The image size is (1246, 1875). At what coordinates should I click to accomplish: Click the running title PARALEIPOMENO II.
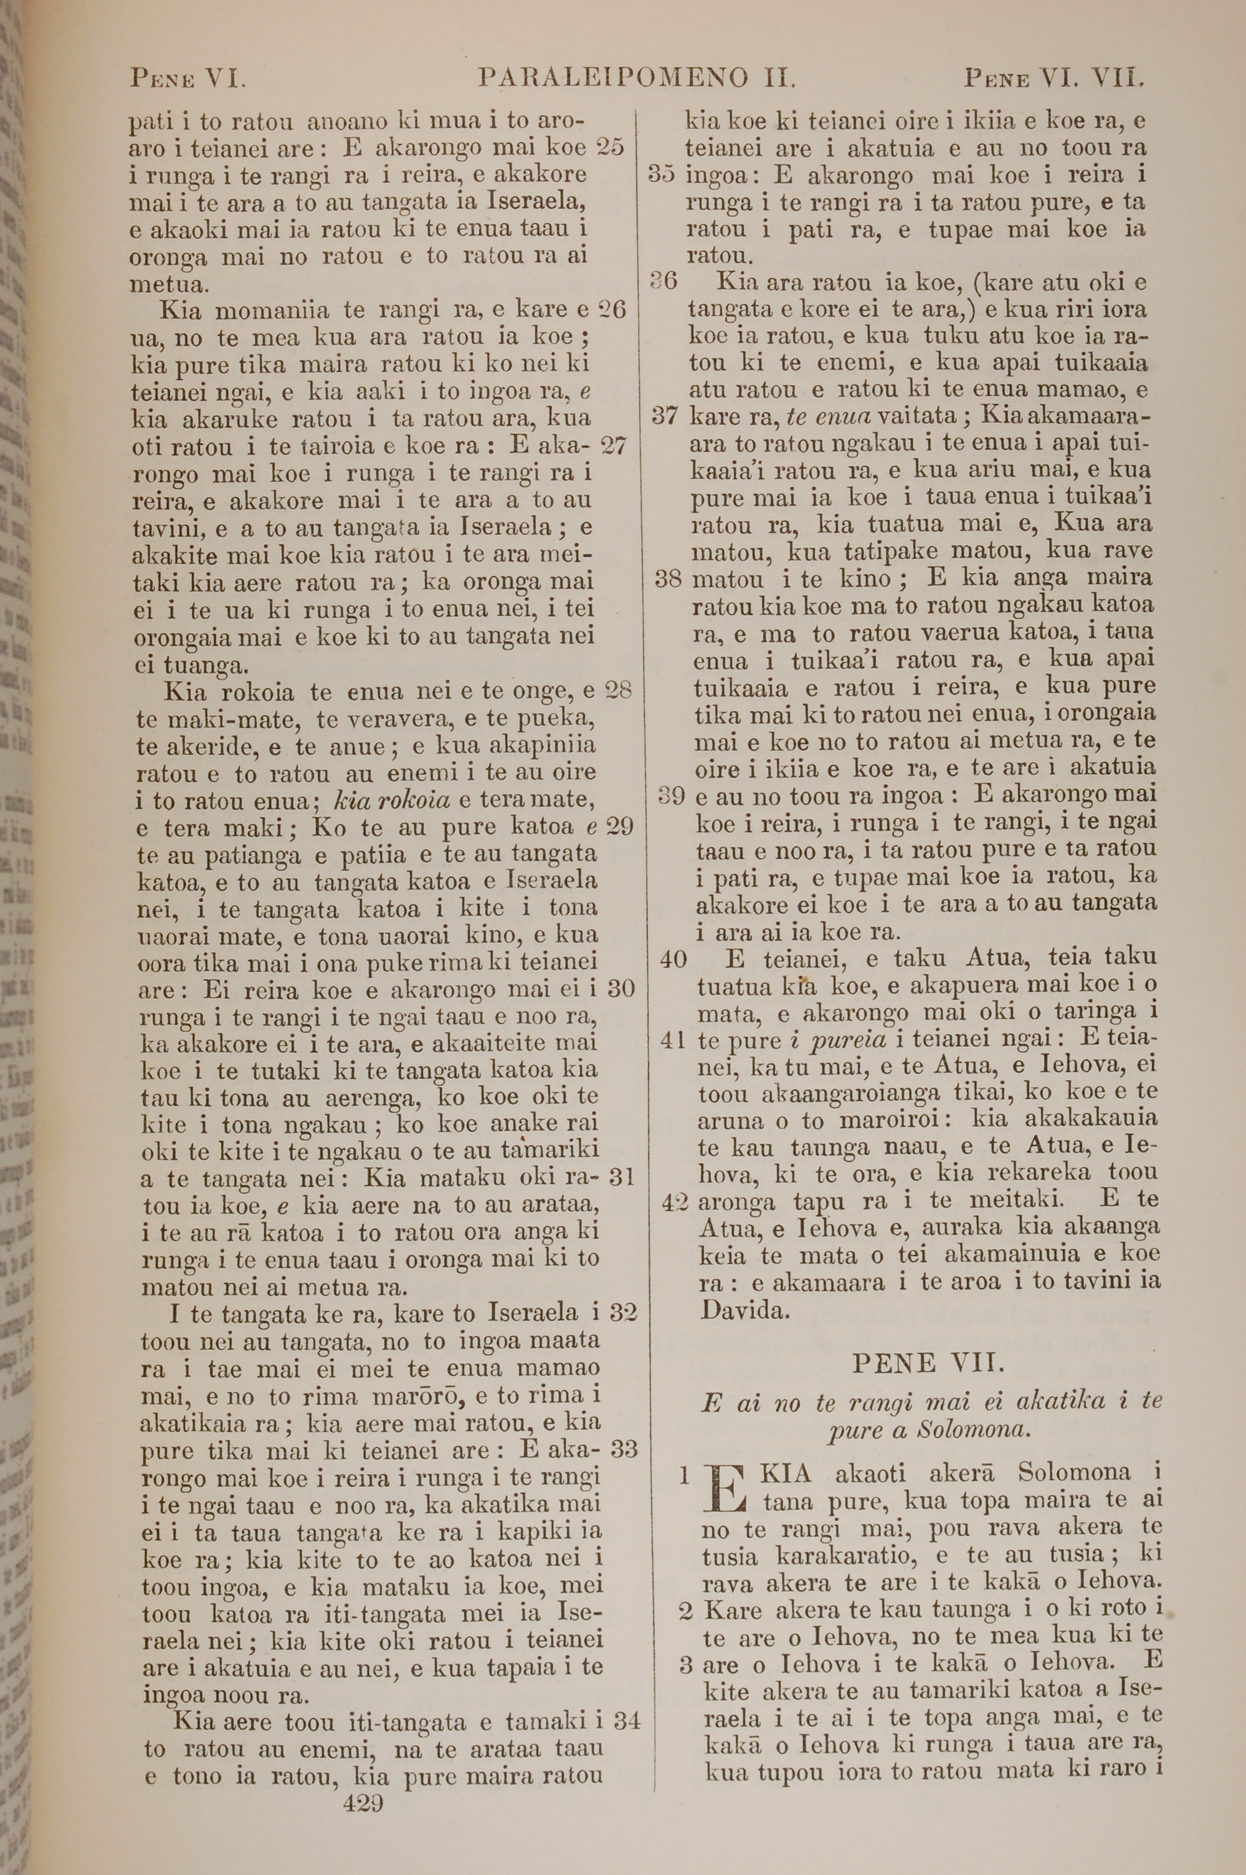coord(637,78)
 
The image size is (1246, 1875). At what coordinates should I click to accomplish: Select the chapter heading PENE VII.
coord(928,1364)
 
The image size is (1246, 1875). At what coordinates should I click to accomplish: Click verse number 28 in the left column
coord(618,690)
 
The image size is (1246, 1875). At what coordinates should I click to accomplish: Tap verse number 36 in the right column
coord(663,281)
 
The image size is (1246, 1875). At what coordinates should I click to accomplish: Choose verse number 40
coord(673,959)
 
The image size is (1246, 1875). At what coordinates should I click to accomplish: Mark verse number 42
coord(675,1202)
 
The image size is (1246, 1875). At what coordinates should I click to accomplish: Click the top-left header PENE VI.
coord(188,79)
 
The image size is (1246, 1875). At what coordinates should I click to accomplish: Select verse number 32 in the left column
coord(624,1312)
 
